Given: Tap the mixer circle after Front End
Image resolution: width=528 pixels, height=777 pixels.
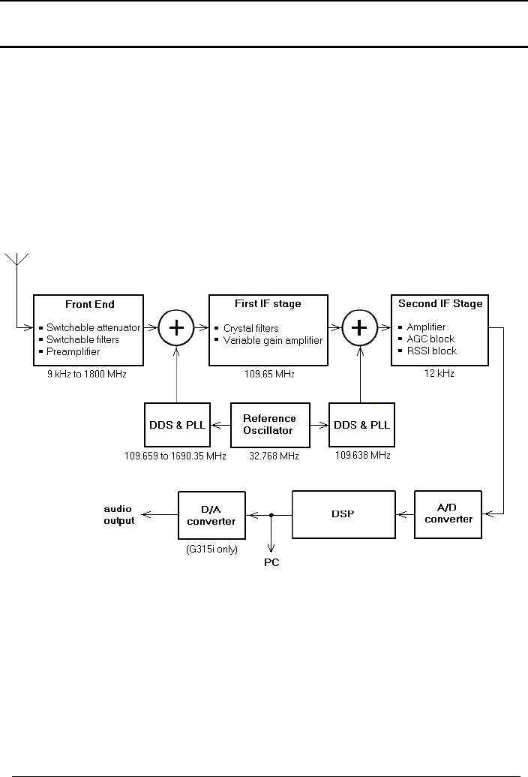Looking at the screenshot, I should tap(176, 328).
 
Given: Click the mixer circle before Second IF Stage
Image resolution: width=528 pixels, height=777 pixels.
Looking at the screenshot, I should tap(361, 328).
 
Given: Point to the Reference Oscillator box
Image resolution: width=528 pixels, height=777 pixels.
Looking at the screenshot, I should tap(269, 424).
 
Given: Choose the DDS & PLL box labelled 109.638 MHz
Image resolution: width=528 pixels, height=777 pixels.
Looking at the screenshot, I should tap(361, 424).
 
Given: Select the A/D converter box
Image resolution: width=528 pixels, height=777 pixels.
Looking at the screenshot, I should tap(444, 514).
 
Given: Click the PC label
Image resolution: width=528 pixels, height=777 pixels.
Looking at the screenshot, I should tap(271, 562).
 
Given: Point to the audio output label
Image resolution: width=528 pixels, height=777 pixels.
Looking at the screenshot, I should tap(118, 515).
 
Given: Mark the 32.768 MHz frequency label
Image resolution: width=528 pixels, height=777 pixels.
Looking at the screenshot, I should tap(269, 456).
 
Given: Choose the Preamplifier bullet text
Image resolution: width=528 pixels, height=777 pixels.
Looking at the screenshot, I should tap(73, 351).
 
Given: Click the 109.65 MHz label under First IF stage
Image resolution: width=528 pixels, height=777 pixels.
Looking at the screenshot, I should tap(268, 373).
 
